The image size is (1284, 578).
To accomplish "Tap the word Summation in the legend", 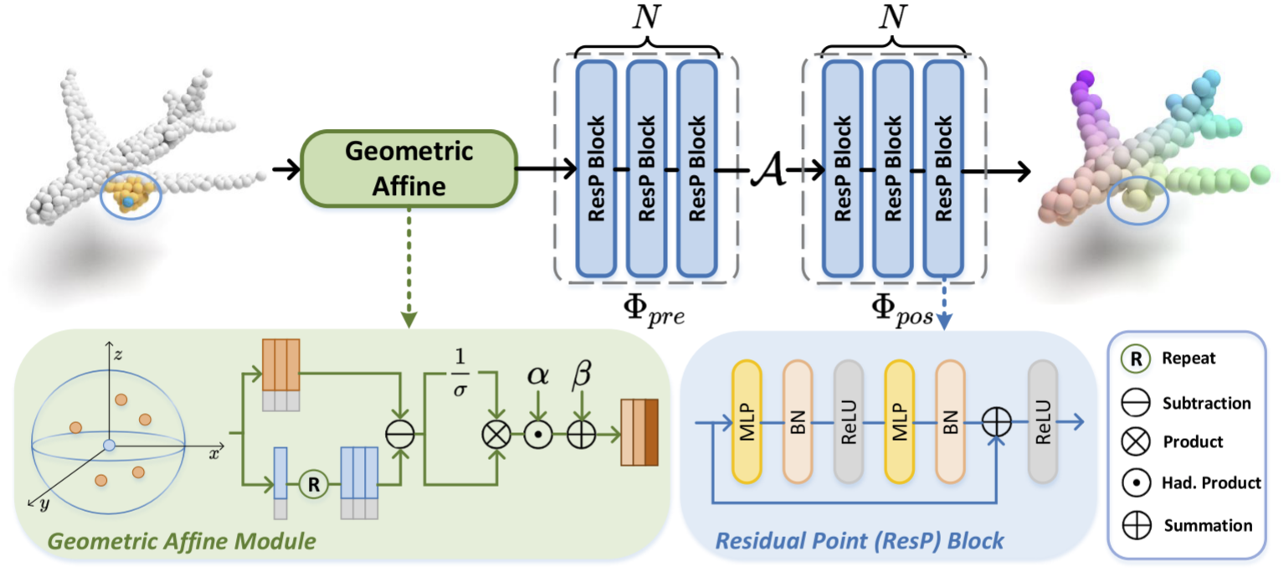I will click(1208, 526).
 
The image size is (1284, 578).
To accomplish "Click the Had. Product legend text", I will click(1212, 483).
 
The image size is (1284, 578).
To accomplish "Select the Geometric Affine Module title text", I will click(182, 542).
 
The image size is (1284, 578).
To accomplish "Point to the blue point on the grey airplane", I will click(127, 203).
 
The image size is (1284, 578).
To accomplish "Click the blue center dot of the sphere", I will click(108, 445).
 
